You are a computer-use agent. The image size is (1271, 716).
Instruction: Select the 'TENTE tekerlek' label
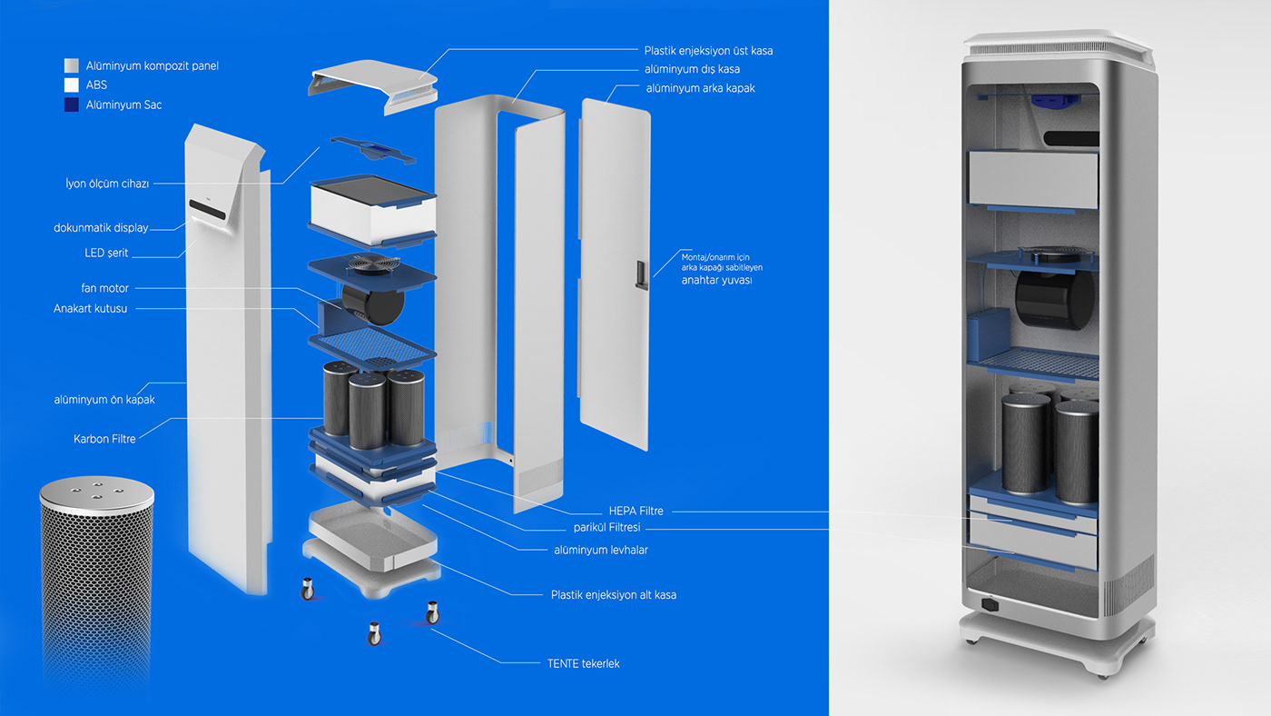point(583,664)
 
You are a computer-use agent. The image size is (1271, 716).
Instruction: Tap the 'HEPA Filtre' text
point(636,512)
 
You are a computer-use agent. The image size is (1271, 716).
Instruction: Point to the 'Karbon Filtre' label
point(104,439)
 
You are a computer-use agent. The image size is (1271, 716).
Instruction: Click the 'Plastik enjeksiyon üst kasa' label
point(708,51)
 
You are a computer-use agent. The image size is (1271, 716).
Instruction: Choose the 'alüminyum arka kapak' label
point(700,88)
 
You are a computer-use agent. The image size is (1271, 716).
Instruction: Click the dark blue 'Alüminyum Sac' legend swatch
point(72,104)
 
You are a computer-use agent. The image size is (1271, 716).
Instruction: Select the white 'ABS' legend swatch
point(72,85)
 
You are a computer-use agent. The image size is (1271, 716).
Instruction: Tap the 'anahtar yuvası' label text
point(716,280)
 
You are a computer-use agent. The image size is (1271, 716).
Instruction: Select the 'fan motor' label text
point(104,288)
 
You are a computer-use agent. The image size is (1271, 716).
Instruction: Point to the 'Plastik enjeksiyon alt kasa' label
point(613,595)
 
